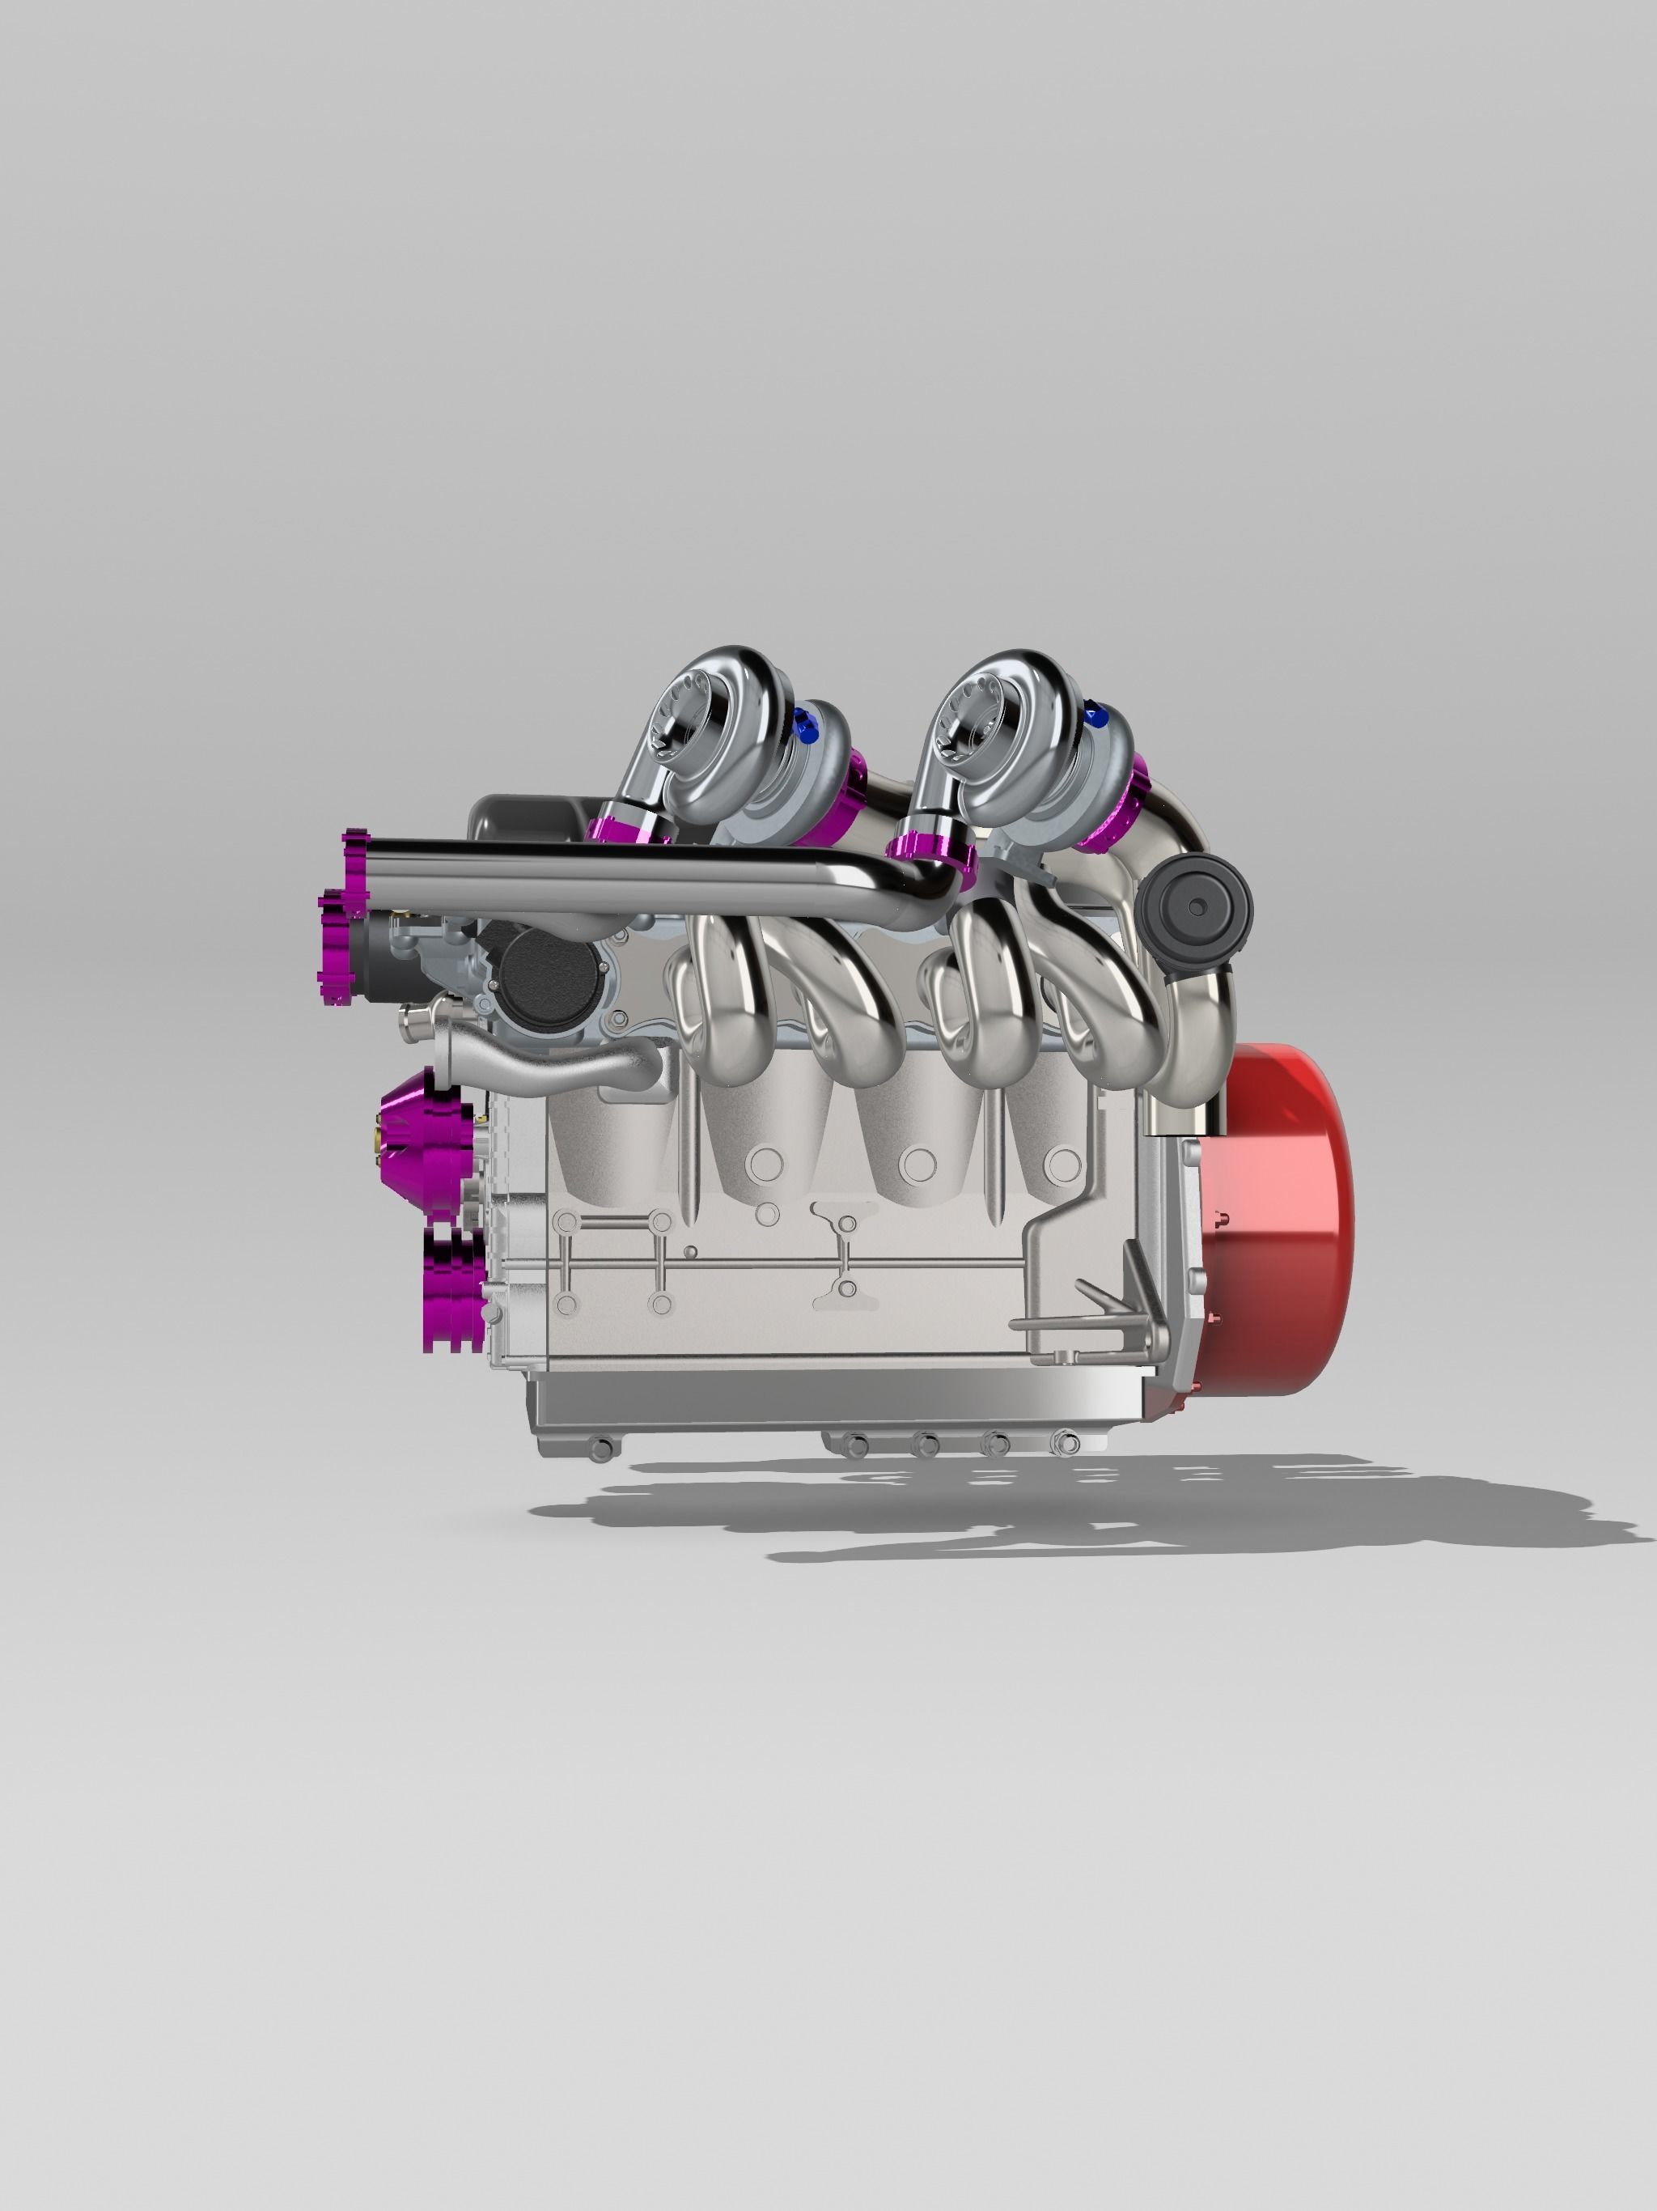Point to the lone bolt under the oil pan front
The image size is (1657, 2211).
click(x=598, y=1449)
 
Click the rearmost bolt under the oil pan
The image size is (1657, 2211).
click(x=1067, y=1442)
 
